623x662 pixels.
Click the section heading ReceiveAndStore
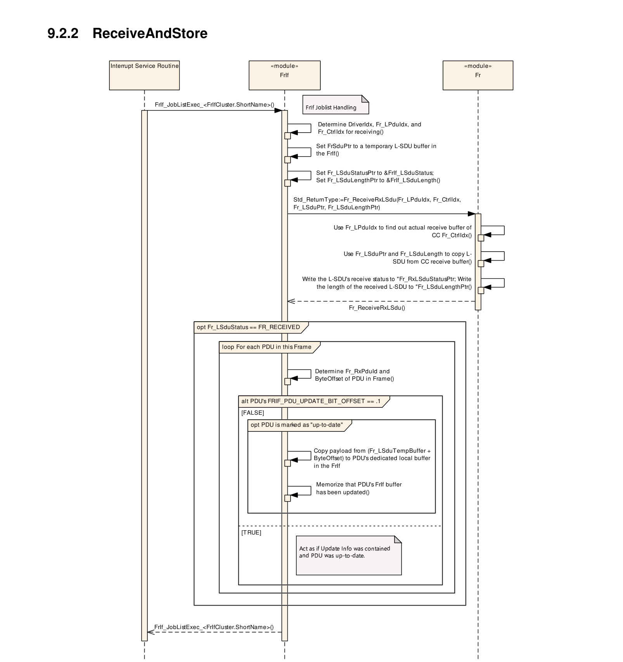[150, 33]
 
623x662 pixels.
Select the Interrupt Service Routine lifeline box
[144, 75]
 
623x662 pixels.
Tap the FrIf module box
[284, 75]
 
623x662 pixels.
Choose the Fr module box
[478, 75]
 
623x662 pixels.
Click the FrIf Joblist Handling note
[336, 105]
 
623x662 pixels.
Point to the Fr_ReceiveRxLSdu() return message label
[377, 308]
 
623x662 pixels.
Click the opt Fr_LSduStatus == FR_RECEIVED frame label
[248, 327]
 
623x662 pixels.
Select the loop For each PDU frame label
[267, 347]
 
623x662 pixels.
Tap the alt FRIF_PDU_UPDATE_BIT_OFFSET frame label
[311, 401]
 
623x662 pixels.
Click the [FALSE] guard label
[253, 413]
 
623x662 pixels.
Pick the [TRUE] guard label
[251, 533]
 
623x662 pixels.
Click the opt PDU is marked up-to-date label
[297, 425]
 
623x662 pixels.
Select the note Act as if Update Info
[349, 555]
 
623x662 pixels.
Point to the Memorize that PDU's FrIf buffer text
[359, 488]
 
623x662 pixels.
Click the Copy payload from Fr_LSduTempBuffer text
[372, 458]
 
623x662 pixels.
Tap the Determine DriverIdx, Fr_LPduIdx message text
[369, 128]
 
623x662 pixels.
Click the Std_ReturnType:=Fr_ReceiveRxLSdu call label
[377, 203]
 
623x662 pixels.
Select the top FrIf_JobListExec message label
[215, 105]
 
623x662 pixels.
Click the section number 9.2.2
[63, 33]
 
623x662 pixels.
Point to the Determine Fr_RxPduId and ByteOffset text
[354, 375]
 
